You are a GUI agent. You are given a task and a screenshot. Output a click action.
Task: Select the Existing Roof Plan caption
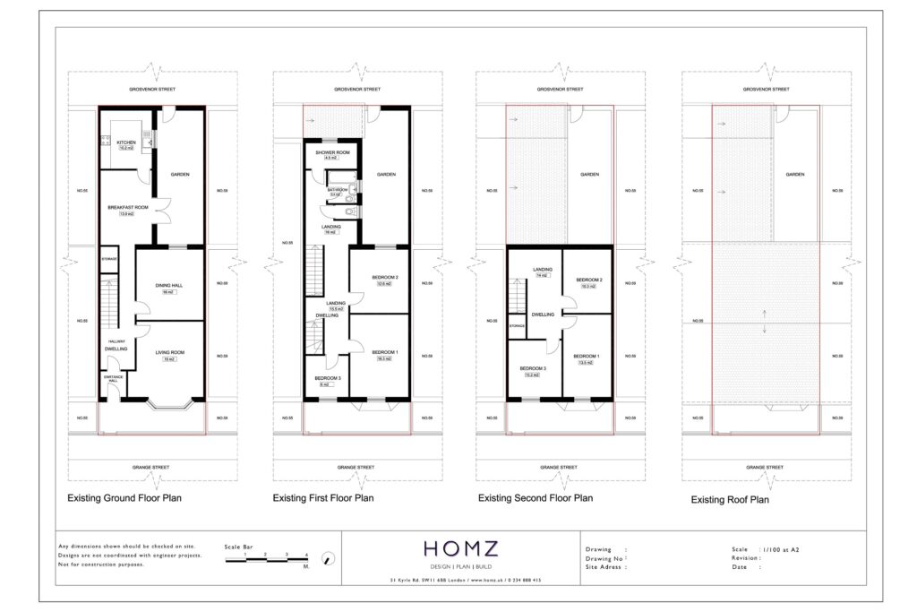click(730, 500)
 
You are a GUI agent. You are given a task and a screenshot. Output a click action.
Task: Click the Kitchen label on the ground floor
click(126, 142)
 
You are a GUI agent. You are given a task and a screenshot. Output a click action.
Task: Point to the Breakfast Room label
click(126, 208)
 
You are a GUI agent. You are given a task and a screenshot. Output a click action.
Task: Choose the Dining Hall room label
click(167, 286)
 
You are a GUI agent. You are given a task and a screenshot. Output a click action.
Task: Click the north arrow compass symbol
click(329, 559)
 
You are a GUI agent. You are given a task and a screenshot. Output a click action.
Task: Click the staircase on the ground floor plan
click(108, 302)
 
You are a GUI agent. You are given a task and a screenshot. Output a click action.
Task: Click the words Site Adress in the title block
click(605, 566)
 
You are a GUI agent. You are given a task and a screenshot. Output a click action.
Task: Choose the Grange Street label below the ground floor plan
click(153, 467)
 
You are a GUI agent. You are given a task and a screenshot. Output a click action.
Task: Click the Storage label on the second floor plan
click(517, 325)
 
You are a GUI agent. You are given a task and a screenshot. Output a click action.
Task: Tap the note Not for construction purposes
click(100, 565)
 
